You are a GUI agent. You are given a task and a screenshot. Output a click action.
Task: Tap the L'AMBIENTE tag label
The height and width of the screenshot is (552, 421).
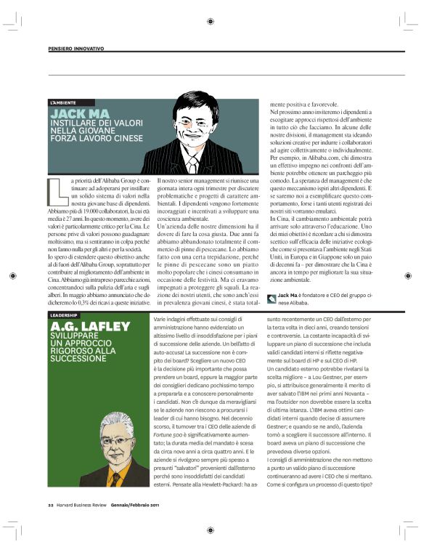(x=63, y=102)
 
